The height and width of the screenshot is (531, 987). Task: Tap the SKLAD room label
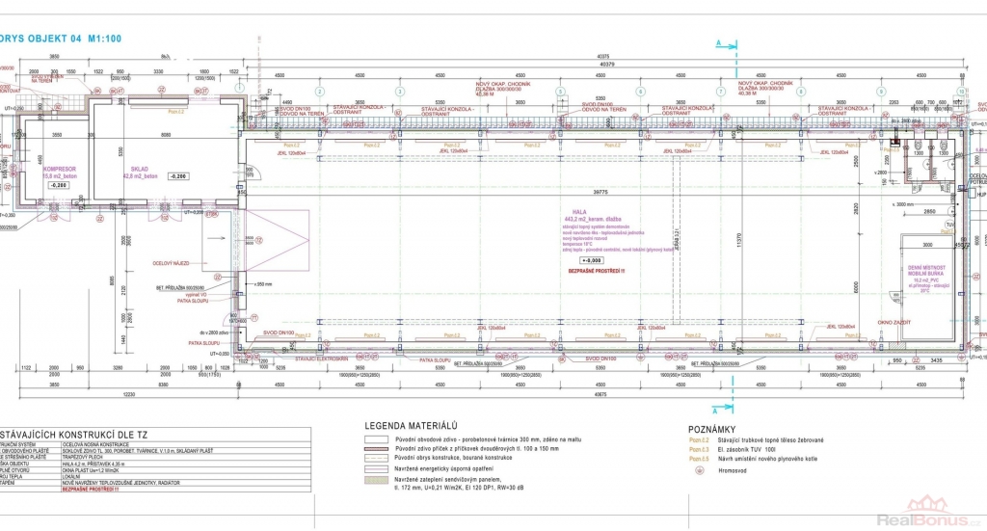139,167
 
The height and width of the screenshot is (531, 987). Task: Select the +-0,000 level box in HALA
591,260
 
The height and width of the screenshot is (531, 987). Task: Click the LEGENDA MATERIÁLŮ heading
410,425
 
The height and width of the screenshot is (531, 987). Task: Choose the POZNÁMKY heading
712,429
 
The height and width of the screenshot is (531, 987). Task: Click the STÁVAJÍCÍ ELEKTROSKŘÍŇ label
307,358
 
